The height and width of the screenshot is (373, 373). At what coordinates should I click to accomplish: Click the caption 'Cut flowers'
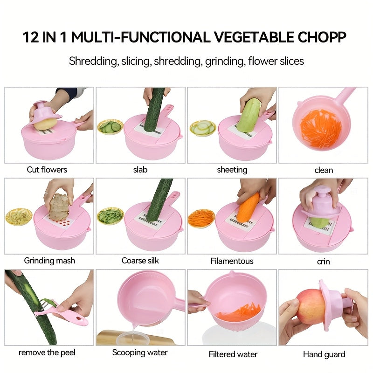tap(47, 170)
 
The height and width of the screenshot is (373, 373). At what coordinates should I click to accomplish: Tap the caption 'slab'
tap(140, 170)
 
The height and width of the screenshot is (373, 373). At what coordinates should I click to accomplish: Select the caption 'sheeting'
tap(232, 170)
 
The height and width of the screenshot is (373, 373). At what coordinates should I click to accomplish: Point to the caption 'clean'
tap(324, 170)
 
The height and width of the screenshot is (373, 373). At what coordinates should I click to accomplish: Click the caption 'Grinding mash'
tap(49, 261)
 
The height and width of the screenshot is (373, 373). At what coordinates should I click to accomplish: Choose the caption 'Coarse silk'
tap(140, 261)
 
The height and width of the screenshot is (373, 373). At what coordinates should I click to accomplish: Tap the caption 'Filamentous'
tap(232, 261)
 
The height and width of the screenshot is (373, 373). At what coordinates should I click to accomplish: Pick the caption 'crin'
tap(324, 262)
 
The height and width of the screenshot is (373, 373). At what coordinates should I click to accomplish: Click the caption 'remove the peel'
tap(47, 352)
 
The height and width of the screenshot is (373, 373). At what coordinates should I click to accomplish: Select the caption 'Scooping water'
tap(140, 352)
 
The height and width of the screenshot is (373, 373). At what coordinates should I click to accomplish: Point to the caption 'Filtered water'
tap(233, 354)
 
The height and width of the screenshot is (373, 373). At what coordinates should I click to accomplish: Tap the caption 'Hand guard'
tap(324, 354)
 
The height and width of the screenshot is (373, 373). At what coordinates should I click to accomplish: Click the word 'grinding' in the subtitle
tap(225, 61)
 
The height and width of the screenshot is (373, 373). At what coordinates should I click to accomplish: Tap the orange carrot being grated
tap(248, 207)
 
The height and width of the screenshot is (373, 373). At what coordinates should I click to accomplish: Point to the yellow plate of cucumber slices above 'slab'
tap(110, 127)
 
